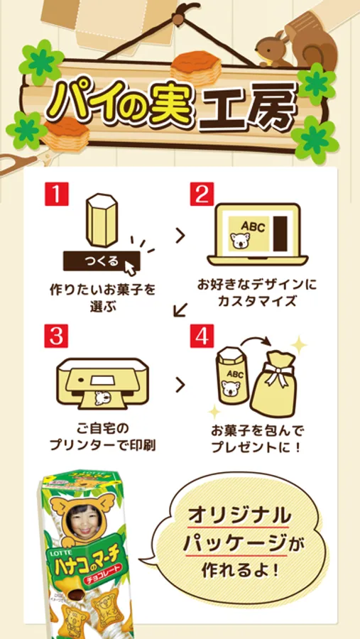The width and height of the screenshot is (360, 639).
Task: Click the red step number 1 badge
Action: pos(56,194)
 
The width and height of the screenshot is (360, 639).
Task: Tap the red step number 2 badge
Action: pos(202,194)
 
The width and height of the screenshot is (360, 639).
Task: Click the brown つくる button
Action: pos(101,261)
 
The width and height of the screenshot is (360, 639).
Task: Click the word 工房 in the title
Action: pos(249,106)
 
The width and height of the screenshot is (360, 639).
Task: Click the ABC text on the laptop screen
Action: pos(252,226)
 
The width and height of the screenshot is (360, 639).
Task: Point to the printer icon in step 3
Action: pos(102,382)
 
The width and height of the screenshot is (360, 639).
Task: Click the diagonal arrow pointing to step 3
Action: pos(180,310)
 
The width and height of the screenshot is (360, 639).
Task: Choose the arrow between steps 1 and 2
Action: pos(180,236)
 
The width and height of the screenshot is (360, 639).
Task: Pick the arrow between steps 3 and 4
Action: pos(180,385)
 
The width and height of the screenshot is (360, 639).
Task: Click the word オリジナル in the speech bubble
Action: pos(240,516)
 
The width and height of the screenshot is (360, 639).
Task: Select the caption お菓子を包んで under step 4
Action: pos(257,431)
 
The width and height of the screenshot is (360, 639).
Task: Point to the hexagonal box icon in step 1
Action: pos(102,219)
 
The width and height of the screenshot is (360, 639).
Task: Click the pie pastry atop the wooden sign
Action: pos(196,67)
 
